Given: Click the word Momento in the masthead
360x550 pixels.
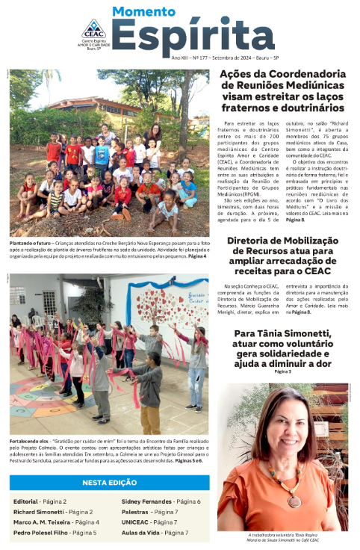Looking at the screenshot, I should point(144,13).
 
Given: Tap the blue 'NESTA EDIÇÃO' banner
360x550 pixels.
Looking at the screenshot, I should point(109,483).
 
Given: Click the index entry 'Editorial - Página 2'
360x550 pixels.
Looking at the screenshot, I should point(41,501).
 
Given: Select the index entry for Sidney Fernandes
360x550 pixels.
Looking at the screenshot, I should point(161,501).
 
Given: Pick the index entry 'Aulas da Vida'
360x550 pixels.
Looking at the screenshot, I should point(155,533).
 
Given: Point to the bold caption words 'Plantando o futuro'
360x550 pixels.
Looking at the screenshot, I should point(31,243).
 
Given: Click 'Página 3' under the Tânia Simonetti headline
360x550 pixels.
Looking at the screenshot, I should point(283,371).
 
